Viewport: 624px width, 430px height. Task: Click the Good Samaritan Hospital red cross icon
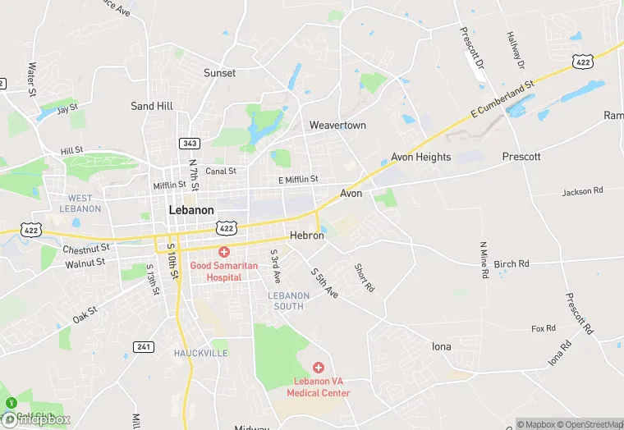[x=223, y=251]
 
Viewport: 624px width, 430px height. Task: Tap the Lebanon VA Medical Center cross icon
[x=319, y=368]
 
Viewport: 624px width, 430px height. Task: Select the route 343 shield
[x=190, y=144]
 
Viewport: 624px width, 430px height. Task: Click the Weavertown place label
[x=337, y=126]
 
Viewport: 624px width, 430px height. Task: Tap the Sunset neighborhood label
[x=219, y=73]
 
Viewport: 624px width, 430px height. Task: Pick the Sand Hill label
[x=152, y=107]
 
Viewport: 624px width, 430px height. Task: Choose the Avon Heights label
[x=420, y=157]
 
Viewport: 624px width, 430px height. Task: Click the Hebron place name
[x=307, y=236]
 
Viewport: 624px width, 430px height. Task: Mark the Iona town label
[x=441, y=346]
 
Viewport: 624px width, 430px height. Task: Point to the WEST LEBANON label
[x=80, y=204]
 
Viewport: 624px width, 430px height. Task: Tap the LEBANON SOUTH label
[x=288, y=300]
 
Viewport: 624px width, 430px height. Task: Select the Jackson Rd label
[x=582, y=192]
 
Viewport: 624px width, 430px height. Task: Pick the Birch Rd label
[x=512, y=264]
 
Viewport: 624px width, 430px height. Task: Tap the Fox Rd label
[x=544, y=329]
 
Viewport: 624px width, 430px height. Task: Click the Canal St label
[x=221, y=172]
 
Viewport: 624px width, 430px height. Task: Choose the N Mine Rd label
[x=484, y=259]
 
